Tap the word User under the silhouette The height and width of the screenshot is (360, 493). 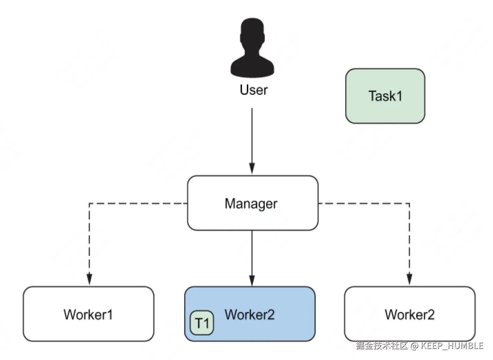254,90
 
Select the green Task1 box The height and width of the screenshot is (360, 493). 385,96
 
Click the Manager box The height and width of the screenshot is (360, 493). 253,203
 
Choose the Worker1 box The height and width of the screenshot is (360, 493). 88,314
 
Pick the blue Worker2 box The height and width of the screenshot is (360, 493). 250,314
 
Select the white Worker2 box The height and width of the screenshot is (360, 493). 410,314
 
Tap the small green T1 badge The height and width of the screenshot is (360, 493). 202,323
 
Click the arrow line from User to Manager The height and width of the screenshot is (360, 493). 252,141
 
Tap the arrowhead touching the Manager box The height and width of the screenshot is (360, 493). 252,169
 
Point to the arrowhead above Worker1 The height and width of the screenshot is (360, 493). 89,279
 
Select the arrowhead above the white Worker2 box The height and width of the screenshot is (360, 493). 409,279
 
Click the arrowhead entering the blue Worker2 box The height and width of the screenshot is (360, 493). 252,281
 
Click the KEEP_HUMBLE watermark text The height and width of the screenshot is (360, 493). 452,346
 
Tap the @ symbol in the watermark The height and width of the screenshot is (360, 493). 414,346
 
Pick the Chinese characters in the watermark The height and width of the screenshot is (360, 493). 382,346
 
